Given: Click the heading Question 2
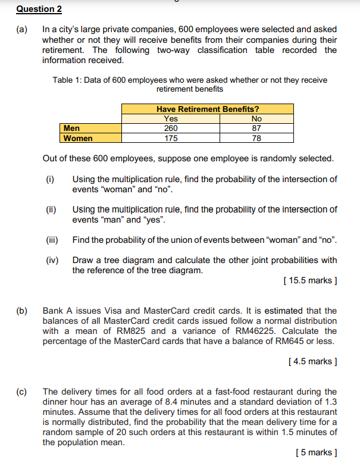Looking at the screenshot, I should coord(39,10).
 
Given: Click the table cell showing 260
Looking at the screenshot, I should coord(170,128).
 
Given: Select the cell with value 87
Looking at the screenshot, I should coord(256,128).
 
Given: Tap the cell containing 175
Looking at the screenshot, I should coord(170,138).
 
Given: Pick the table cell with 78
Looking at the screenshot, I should coord(256,138).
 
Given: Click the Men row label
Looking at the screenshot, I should coord(71,128).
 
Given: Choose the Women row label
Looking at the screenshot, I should coord(78,138).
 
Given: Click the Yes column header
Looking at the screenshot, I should coord(170,118).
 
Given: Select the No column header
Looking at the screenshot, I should coord(256,118).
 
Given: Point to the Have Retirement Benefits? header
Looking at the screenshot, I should coord(208,109).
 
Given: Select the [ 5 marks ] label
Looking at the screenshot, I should coord(316,452).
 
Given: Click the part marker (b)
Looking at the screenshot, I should coord(22,311).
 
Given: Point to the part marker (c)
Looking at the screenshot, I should coord(22,392).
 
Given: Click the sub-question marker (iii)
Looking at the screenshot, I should coord(52,240).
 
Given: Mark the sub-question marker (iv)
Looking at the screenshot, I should coord(52,260).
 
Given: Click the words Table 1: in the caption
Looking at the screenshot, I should coord(67,80).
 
